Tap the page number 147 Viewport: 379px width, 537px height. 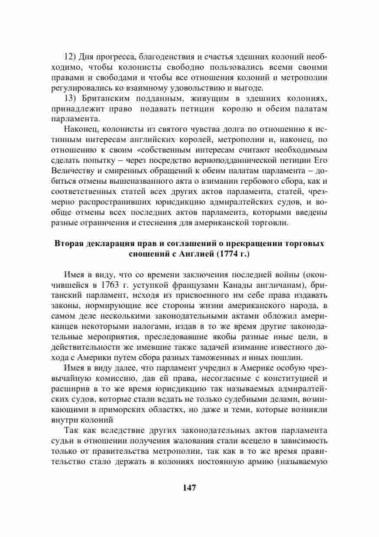(189, 488)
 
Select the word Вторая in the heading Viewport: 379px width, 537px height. (68, 244)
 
